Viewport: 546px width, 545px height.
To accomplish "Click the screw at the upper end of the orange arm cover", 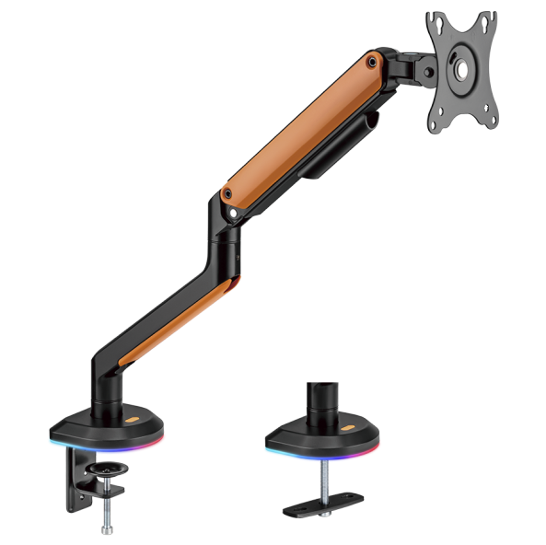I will tap(371, 63).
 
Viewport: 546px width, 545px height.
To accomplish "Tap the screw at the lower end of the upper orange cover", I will tap(227, 194).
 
